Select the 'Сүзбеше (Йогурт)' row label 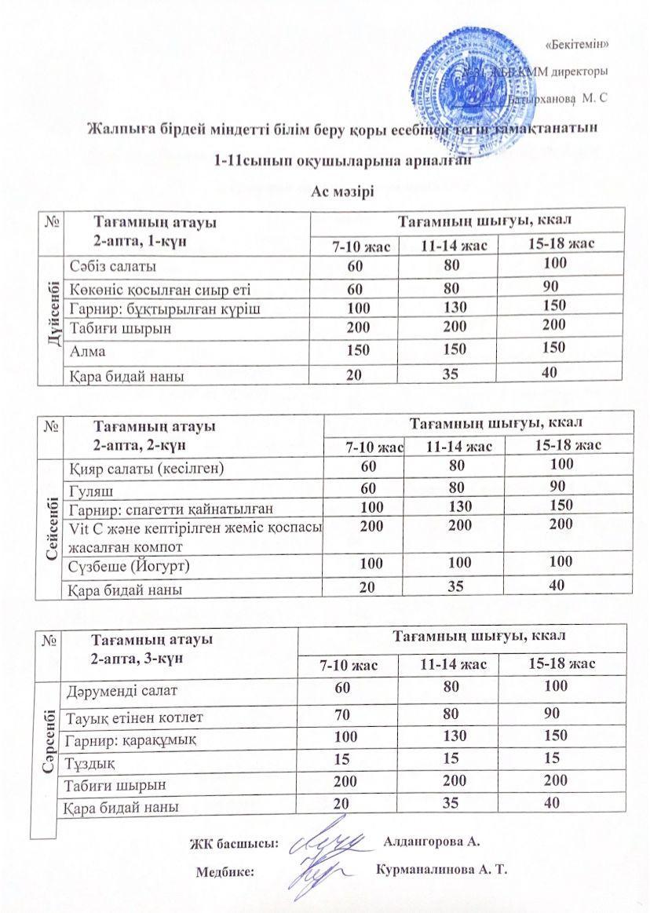[x=130, y=565]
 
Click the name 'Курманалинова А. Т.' [x=443, y=871]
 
